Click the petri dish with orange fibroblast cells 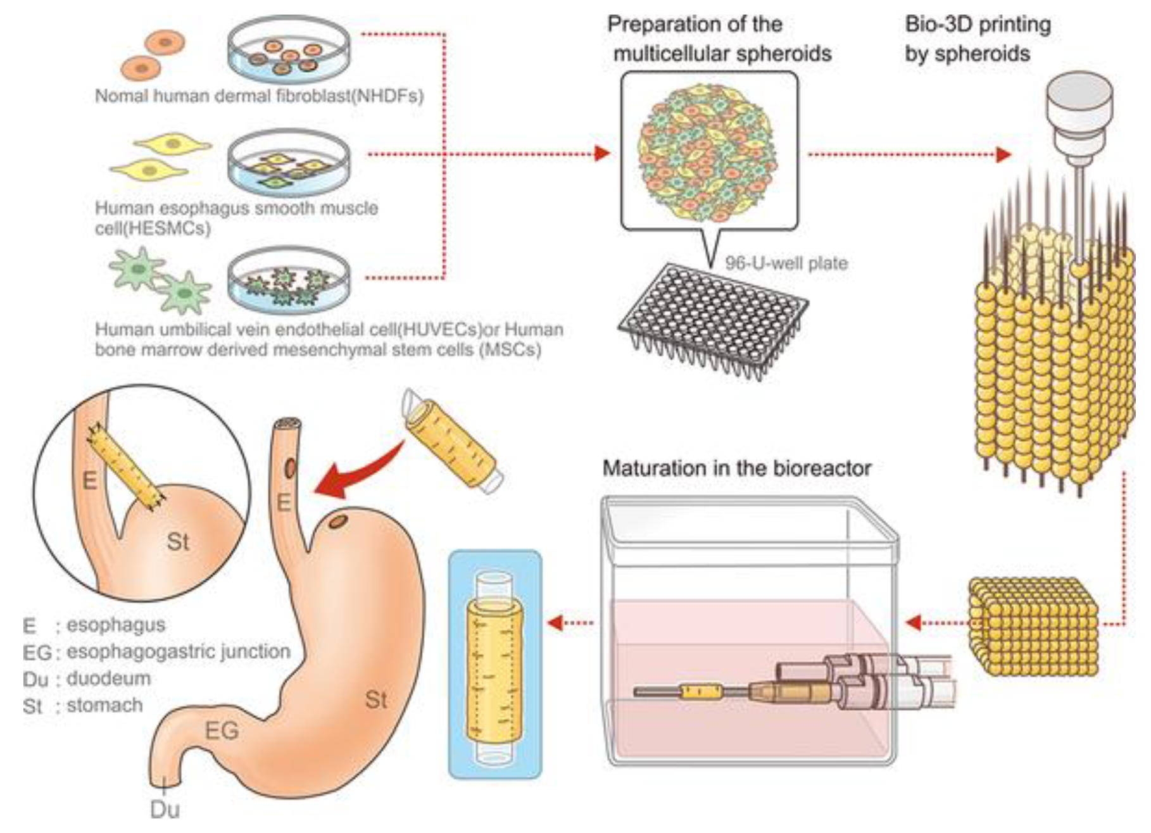(288, 51)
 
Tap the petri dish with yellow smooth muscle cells (288, 165)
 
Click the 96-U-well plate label (786, 263)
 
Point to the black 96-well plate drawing (712, 316)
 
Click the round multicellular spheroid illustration (708, 152)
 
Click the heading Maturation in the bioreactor (736, 468)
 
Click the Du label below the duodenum (165, 810)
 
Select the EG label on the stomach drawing (222, 731)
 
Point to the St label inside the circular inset (178, 542)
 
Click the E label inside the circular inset (90, 481)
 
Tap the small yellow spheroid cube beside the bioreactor (1033, 627)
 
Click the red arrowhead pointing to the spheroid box (602, 154)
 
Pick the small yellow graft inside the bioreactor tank (699, 691)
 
